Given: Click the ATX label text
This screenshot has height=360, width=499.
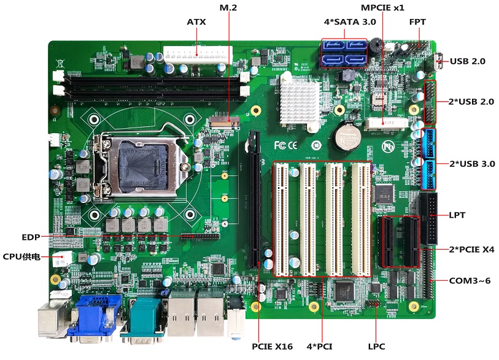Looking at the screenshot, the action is [196, 22].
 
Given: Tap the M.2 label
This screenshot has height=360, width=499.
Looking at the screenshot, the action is [228, 7].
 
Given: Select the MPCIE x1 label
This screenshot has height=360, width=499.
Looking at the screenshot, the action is [382, 7].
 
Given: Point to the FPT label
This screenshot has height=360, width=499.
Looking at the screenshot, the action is [417, 22].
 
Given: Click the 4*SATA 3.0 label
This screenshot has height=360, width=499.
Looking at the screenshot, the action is [350, 22].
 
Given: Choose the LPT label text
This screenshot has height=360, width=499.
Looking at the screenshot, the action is [457, 215].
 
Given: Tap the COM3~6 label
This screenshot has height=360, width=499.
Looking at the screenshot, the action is [470, 281].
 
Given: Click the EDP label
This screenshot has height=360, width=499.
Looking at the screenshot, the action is [31, 237].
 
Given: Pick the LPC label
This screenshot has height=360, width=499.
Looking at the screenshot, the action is [376, 347].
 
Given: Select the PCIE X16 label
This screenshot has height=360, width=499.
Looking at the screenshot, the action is [272, 347].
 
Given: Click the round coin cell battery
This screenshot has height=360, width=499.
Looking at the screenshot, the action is [346, 137].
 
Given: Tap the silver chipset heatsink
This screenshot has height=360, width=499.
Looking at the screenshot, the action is [299, 101].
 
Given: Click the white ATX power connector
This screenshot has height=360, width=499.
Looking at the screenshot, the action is [198, 55].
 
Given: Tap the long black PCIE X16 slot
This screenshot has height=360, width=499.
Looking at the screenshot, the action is [254, 199].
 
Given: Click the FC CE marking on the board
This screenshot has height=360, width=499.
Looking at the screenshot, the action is [285, 145].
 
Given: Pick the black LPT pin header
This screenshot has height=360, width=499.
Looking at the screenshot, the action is [428, 218].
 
